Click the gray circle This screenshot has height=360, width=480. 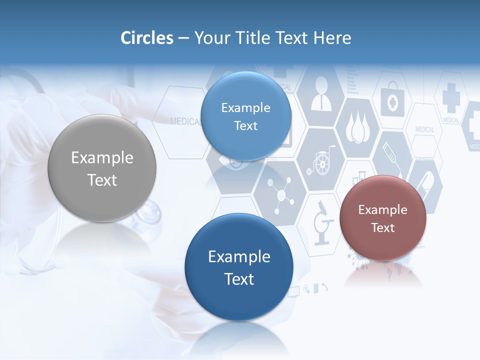point(102,168)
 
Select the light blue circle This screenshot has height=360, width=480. point(245,116)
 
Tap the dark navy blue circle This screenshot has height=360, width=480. point(239,267)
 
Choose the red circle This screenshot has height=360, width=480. point(383,218)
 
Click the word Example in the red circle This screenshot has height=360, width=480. point(383,209)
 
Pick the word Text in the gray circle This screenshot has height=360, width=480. point(102,180)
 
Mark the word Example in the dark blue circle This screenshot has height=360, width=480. point(239,256)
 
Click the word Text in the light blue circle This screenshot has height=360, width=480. point(245,125)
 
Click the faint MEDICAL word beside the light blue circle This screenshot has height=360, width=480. point(185,121)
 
